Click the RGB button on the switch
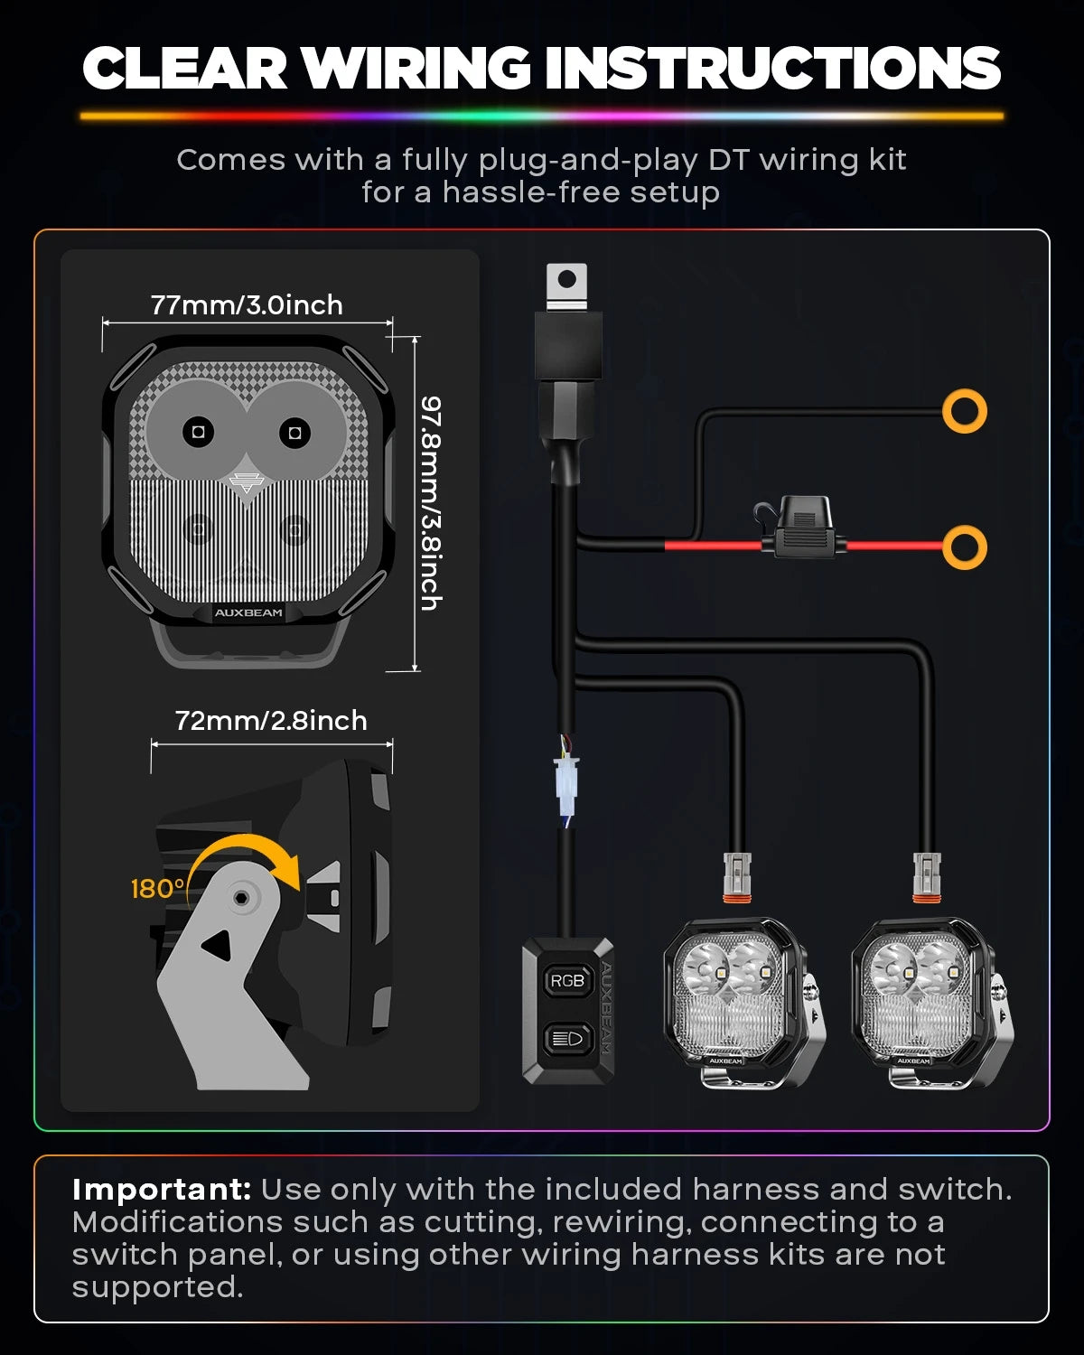pos(567,980)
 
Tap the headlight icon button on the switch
pos(567,1038)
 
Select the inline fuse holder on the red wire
pos(801,527)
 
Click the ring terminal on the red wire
pos(965,547)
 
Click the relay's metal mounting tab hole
pos(567,279)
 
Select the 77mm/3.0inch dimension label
pos(247,304)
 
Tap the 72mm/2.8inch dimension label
pos(271,720)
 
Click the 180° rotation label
pos(157,889)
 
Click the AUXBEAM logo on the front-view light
pos(248,612)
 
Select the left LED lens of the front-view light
pos(198,432)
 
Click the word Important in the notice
pos(162,1190)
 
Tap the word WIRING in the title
pos(417,68)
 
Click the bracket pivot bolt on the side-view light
pos(239,897)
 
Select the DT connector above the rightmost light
pos(927,878)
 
